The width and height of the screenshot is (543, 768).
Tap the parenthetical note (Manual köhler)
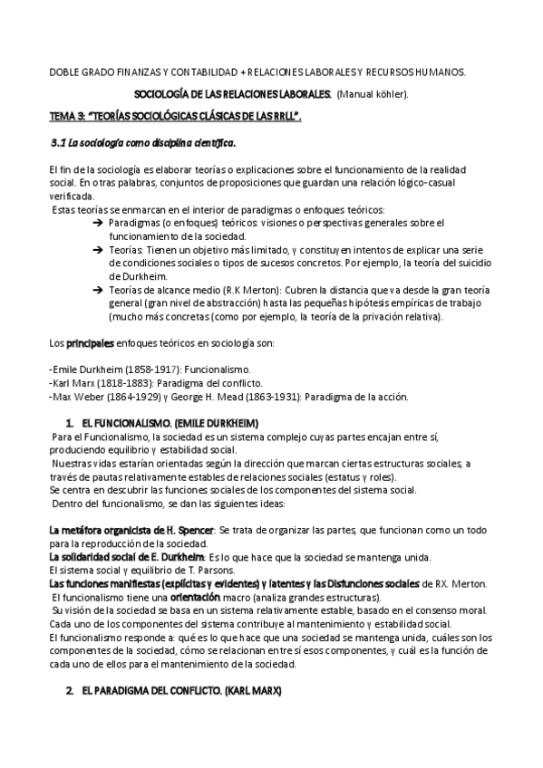pos(373,94)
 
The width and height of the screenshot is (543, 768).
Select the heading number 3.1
pos(58,143)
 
